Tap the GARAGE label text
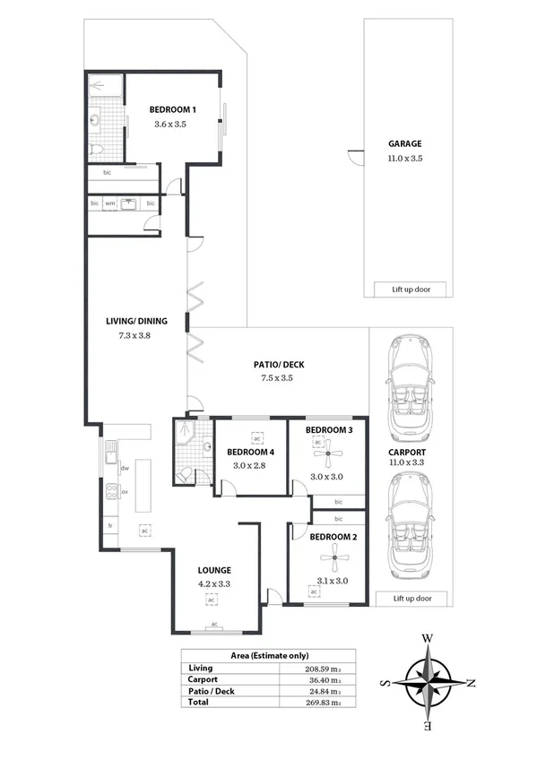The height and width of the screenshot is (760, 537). point(404,143)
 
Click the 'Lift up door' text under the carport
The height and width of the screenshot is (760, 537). point(412,598)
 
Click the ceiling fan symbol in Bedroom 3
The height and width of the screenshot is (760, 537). point(329,454)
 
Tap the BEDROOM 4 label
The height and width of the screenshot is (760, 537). point(249,452)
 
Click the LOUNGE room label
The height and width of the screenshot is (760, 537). point(215,570)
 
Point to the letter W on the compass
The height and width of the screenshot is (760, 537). point(428,638)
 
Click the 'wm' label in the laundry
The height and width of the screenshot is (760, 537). point(110,203)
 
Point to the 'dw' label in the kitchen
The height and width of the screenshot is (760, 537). point(126,468)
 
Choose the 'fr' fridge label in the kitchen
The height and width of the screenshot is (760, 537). point(110,525)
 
